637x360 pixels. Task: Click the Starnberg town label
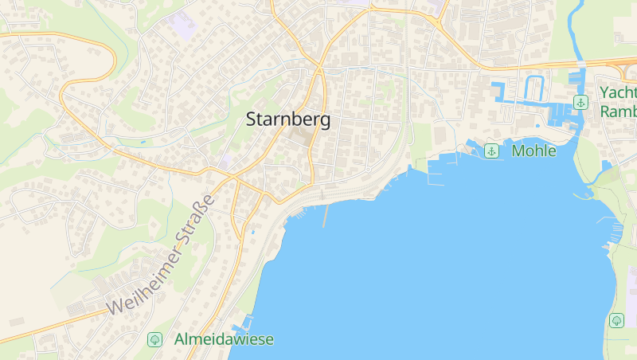pyautogui.click(x=287, y=120)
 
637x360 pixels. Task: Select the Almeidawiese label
pyautogui.click(x=224, y=339)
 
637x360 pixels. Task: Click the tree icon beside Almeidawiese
pyautogui.click(x=154, y=339)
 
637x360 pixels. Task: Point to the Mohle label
pyautogui.click(x=534, y=151)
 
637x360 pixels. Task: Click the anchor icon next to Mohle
pyautogui.click(x=492, y=151)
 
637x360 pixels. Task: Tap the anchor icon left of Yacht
pyautogui.click(x=581, y=102)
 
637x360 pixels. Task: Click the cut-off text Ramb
pyautogui.click(x=619, y=112)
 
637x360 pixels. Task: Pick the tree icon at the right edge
pyautogui.click(x=616, y=320)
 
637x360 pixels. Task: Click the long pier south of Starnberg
pyautogui.click(x=326, y=215)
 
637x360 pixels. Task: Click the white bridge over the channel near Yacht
pyautogui.click(x=580, y=64)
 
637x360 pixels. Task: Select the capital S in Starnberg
pyautogui.click(x=252, y=120)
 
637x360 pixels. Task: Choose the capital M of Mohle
pyautogui.click(x=519, y=151)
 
